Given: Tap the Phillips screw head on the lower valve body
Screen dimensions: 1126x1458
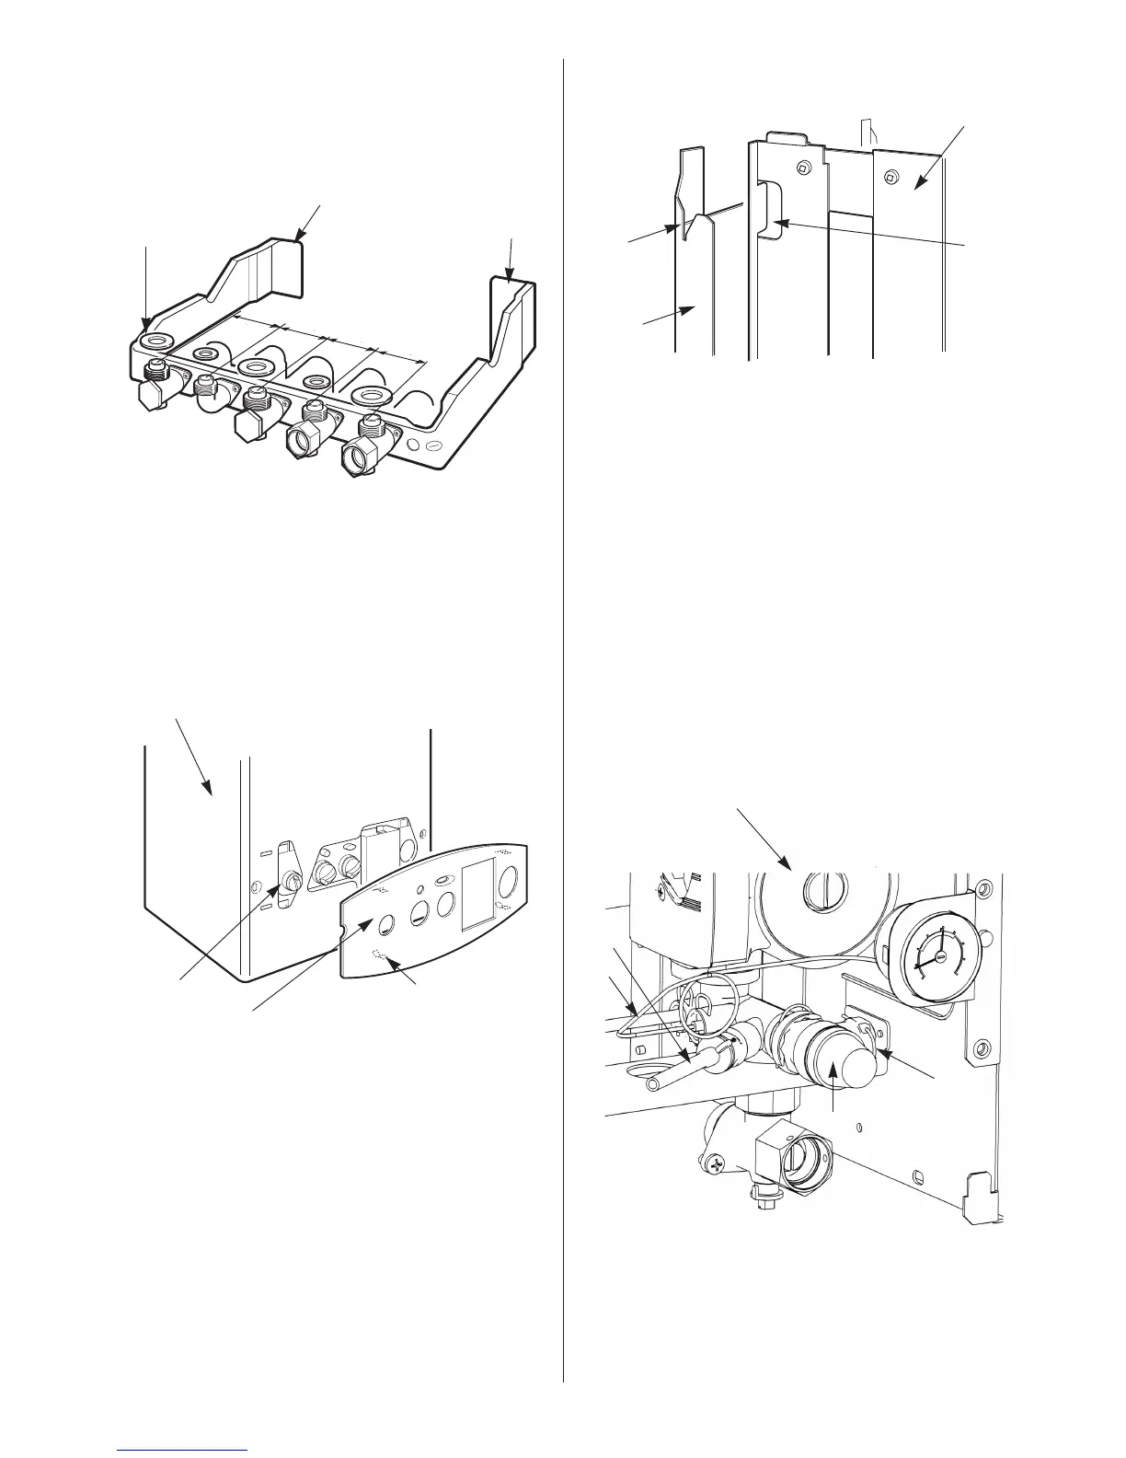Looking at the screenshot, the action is (717, 1166).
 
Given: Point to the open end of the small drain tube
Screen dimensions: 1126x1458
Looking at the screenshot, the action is (652, 1086).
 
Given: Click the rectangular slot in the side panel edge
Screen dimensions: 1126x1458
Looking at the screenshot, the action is (769, 210).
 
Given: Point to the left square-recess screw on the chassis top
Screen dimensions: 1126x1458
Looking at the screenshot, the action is (804, 168).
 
